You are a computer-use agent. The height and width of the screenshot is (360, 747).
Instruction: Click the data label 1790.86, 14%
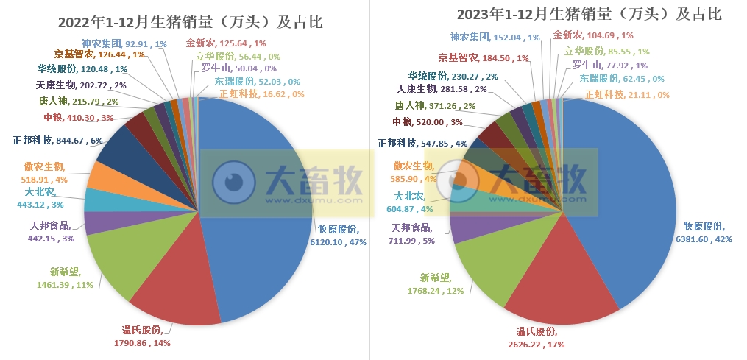141,342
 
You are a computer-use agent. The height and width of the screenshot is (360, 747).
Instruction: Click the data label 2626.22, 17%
537,344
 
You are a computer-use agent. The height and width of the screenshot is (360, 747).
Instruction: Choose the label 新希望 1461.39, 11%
66,283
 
